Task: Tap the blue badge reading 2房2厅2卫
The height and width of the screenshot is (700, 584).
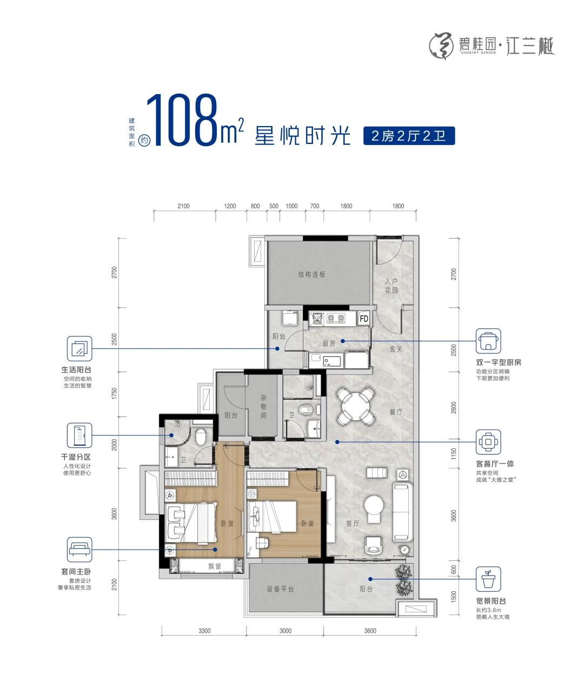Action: (x=409, y=136)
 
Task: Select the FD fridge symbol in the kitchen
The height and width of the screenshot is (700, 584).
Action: (x=363, y=318)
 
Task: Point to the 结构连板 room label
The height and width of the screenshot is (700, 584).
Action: (x=311, y=274)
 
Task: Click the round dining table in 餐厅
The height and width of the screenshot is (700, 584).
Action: (x=355, y=406)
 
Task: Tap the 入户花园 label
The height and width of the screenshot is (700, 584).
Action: (x=391, y=286)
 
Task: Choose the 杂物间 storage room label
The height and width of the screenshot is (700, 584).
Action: (x=263, y=406)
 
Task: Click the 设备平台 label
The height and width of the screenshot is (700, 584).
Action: (x=280, y=589)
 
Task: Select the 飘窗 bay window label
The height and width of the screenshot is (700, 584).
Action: (x=215, y=566)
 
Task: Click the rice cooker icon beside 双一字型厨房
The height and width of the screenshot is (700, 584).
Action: (x=488, y=341)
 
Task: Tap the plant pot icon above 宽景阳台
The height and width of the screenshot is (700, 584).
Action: (x=488, y=579)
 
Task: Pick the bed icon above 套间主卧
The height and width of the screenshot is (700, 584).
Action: (x=79, y=550)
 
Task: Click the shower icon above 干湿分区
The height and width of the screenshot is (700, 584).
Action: (x=79, y=435)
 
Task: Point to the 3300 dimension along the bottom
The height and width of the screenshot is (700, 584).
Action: (x=204, y=631)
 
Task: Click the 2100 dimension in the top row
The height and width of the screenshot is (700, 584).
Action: (x=184, y=206)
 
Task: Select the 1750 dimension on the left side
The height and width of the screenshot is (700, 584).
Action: (x=114, y=394)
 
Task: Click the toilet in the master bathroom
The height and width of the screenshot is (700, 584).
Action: (x=201, y=437)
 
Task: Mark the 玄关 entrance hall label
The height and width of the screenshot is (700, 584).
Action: (x=396, y=349)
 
